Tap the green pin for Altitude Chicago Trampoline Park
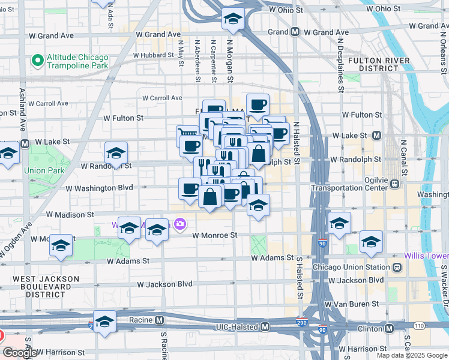tap(38, 61)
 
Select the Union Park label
tap(44, 170)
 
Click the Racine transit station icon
tap(159, 320)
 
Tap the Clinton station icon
tap(390, 328)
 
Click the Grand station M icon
tap(295, 32)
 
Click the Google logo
tap(20, 353)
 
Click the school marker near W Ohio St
tap(232, 19)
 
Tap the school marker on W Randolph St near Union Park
tap(116, 153)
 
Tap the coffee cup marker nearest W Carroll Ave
tap(258, 105)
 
